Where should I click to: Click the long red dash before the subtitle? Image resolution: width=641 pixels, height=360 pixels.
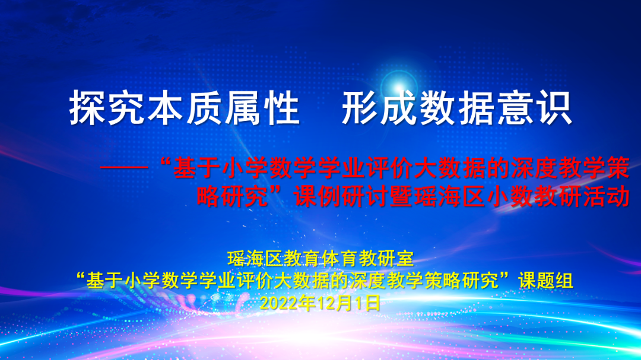pos(124,167)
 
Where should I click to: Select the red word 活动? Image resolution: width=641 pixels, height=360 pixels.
pos(606,196)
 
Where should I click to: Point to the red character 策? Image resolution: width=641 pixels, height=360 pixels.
pos(618,167)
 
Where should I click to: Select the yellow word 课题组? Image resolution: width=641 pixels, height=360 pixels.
pos(545,281)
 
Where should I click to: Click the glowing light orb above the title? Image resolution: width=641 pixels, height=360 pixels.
pos(398,87)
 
